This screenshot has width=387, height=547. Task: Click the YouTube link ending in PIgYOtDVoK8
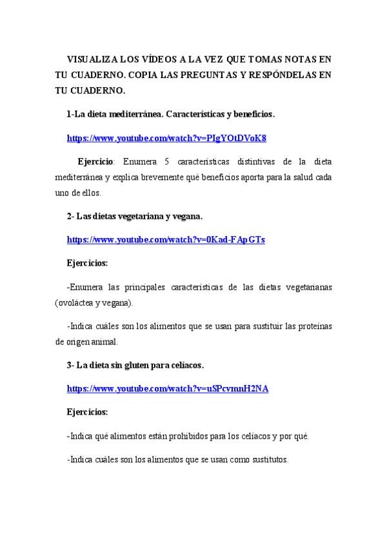166,138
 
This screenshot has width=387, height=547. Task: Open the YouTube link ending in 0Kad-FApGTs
166,239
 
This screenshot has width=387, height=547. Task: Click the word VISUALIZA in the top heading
90,58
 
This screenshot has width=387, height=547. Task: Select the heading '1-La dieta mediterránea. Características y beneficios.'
171,114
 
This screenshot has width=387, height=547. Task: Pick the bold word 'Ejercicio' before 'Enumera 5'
95,161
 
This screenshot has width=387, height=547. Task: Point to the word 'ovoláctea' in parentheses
77,302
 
